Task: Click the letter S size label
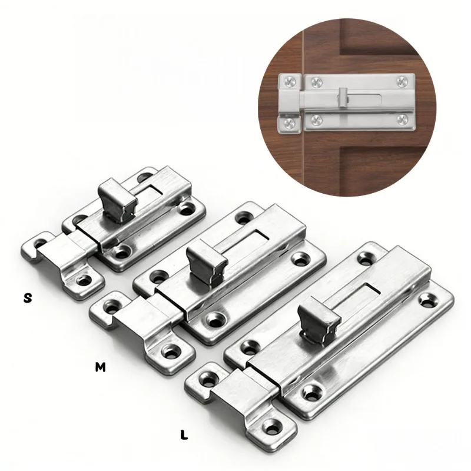(x=28, y=298)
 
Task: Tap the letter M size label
(x=100, y=367)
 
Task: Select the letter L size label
(x=184, y=434)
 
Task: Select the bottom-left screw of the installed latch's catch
(x=290, y=122)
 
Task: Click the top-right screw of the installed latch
(x=402, y=82)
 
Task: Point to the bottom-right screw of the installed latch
(x=402, y=120)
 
